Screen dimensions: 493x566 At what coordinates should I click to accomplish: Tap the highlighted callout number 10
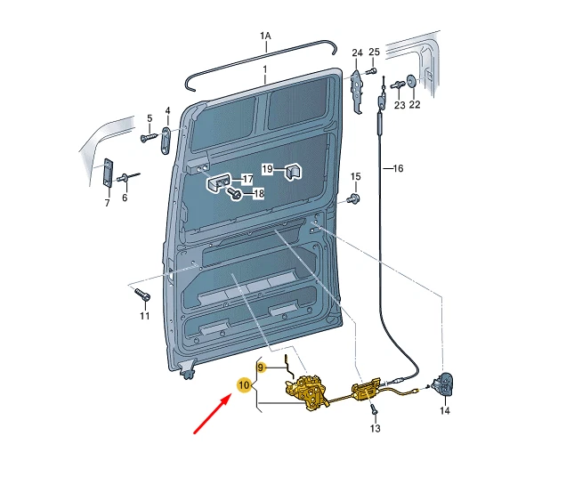[243, 385]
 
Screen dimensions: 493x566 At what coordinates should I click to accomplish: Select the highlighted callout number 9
[261, 367]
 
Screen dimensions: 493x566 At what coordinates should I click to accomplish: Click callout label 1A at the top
[265, 36]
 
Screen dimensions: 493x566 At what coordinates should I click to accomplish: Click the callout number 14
[445, 411]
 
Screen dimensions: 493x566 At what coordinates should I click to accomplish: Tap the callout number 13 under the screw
[375, 429]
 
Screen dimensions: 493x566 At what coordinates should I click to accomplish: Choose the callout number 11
[145, 316]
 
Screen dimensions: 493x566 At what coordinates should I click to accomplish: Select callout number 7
[107, 203]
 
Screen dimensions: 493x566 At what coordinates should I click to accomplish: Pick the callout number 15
[356, 176]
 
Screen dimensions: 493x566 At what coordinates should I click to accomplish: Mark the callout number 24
[357, 53]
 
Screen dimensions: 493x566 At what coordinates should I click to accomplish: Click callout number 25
[374, 53]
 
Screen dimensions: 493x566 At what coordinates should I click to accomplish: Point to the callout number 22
[415, 105]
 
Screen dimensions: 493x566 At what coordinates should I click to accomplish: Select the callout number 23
[399, 105]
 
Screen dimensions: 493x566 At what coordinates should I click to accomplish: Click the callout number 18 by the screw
[258, 193]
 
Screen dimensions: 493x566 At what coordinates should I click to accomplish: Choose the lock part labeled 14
[444, 384]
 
